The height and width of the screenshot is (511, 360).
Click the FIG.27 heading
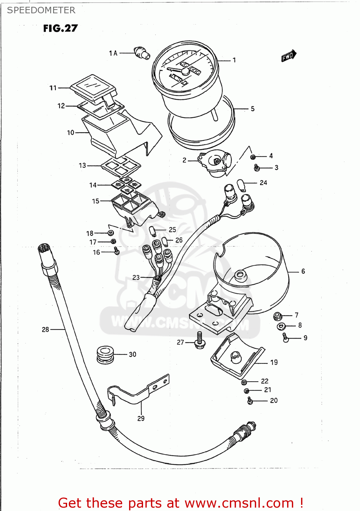coord(60,28)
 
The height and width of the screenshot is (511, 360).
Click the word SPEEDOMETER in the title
coord(41,10)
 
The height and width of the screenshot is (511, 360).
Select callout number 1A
coord(113,53)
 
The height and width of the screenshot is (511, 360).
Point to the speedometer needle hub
coord(185,71)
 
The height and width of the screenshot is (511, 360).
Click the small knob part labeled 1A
coord(142,53)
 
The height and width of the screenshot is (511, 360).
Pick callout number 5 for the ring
coord(252,109)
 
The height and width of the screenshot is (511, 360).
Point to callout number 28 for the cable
coord(45,329)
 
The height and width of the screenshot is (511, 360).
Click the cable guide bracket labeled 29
coord(138,392)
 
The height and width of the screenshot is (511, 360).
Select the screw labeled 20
coord(250,401)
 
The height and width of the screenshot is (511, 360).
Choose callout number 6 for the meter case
coord(303,272)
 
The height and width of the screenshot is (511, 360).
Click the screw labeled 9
coord(286,338)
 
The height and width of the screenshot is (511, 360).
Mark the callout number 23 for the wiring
coord(136,277)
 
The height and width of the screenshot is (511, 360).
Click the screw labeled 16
coord(116,251)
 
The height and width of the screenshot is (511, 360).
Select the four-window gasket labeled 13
coord(121,166)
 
